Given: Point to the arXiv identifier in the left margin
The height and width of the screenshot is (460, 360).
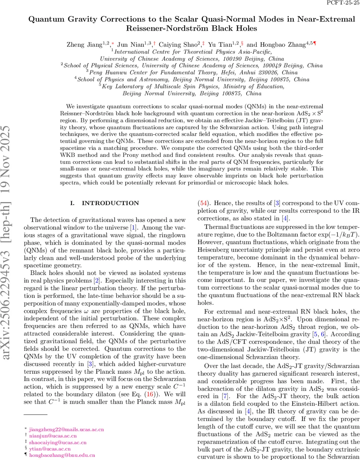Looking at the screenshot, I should [x=10, y=245].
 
